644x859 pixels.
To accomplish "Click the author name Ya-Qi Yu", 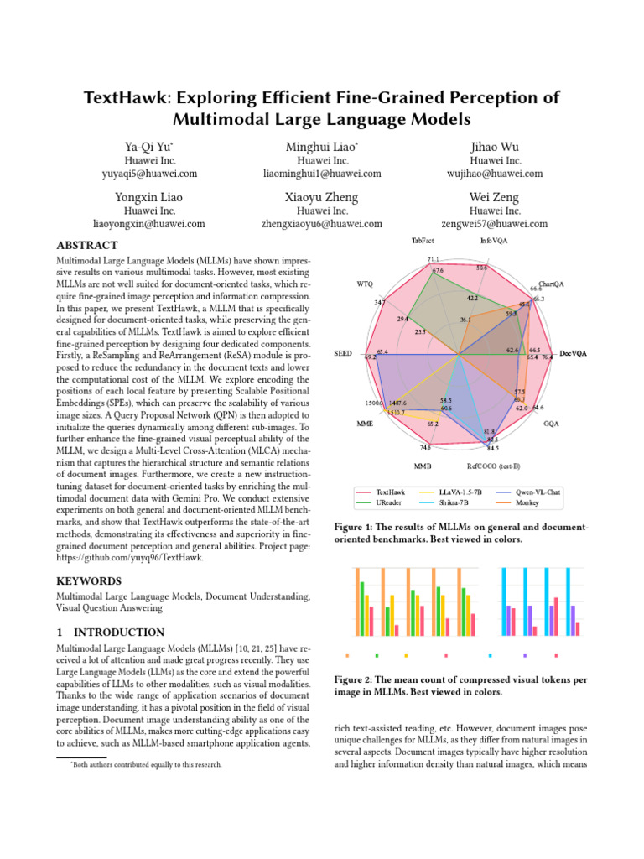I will pos(148,147).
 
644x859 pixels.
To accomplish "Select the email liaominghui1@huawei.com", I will pos(322,174).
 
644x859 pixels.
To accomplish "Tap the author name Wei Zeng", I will pos(495,197).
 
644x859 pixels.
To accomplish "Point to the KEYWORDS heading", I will pos(90,580).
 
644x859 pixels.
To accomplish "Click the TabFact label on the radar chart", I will pos(423,241).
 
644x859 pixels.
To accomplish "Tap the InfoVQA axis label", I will pos(493,241).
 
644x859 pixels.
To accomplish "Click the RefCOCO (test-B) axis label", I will pos(494,465).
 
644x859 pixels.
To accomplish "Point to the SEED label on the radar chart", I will pos(343,354).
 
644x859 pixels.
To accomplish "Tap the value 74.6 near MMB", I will pos(426,448).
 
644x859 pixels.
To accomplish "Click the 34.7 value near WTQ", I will pos(380,301).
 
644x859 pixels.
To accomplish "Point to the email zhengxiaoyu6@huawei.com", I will pos(322,224).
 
